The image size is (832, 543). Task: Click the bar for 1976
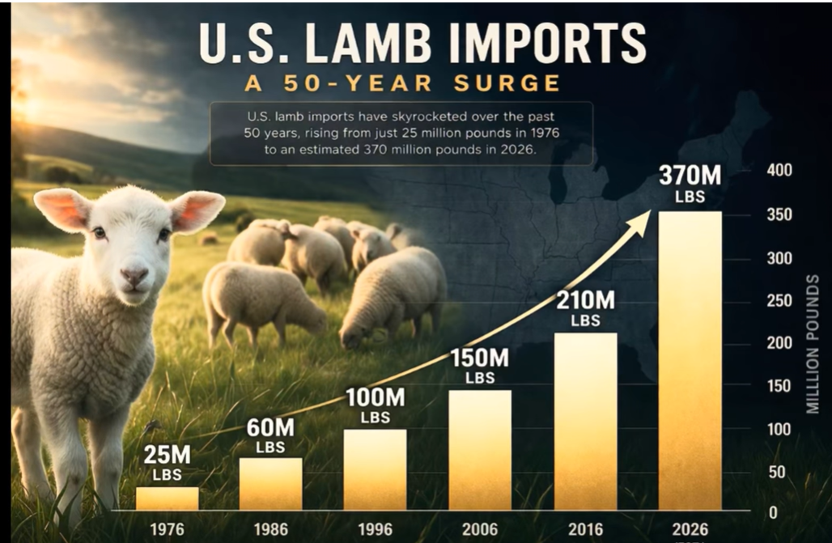tap(167, 498)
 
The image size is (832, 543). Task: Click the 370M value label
tap(690, 176)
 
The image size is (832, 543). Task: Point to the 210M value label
tap(585, 301)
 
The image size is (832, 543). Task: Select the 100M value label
tap(376, 397)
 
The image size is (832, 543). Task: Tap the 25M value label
tap(168, 456)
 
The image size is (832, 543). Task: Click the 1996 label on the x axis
tap(375, 530)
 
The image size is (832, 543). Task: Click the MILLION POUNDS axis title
tap(814, 344)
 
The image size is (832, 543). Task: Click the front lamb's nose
tap(134, 276)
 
